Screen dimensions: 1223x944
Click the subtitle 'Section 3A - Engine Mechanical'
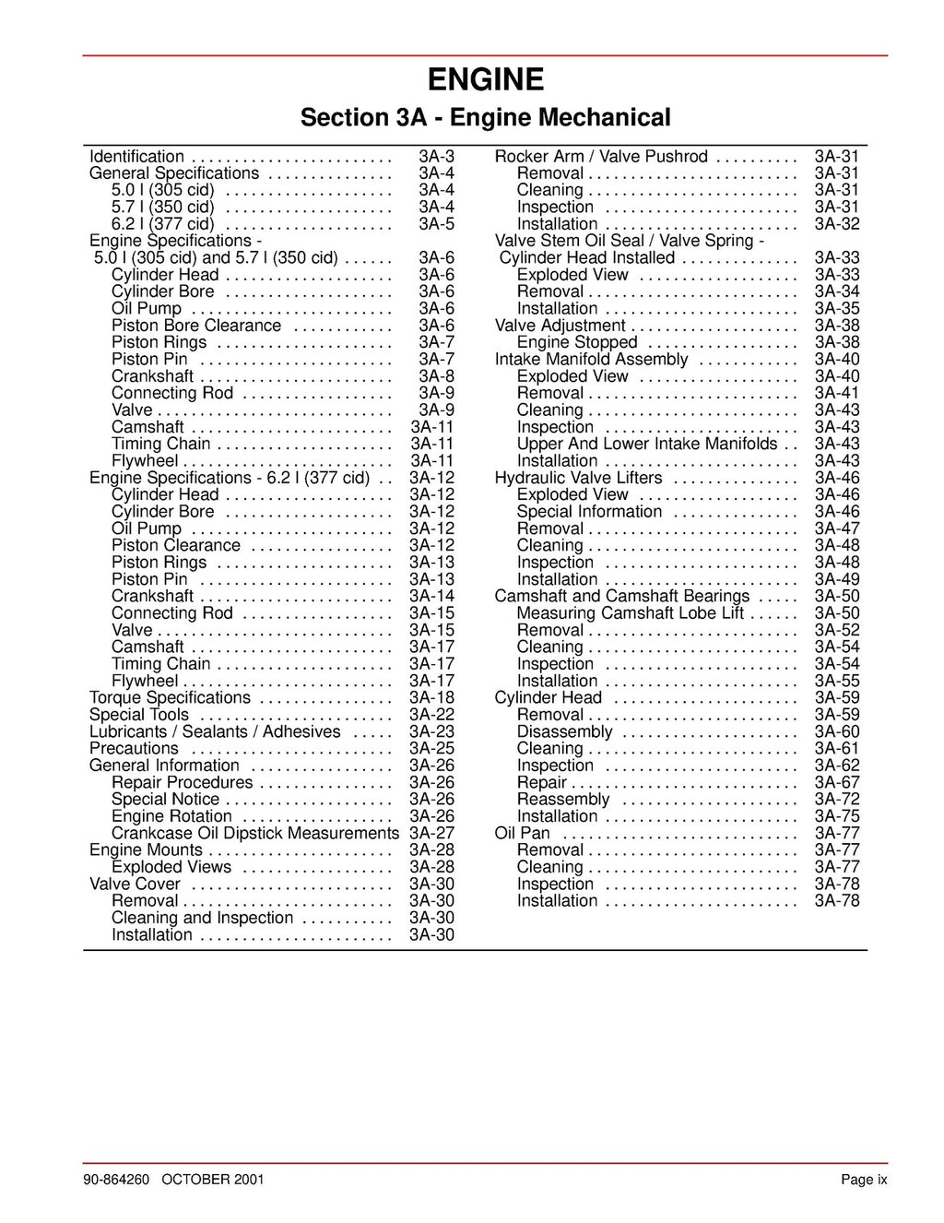click(x=485, y=118)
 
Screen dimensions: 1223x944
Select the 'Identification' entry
click(x=136, y=157)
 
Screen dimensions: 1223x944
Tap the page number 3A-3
click(x=436, y=157)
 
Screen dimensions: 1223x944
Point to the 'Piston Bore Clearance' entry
click(x=195, y=326)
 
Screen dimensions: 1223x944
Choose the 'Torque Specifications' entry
click(x=170, y=698)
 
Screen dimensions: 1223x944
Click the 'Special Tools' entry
click(x=139, y=715)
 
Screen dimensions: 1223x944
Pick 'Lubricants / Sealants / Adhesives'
click(x=215, y=731)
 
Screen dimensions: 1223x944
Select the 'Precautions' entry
click(x=134, y=749)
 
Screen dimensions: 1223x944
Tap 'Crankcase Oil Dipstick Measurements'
click(x=255, y=833)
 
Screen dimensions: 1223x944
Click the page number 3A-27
click(x=431, y=833)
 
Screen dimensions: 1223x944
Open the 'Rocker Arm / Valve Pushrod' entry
click(x=601, y=157)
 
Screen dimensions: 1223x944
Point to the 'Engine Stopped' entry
click(x=577, y=342)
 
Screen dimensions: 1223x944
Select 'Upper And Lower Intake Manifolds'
click(x=647, y=444)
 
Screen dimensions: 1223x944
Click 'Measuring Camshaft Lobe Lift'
click(x=631, y=613)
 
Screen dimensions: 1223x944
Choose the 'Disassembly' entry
click(x=564, y=731)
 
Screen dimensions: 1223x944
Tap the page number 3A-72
click(x=837, y=800)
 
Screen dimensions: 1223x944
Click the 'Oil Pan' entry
click(x=522, y=833)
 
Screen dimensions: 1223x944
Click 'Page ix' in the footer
click(x=863, y=1180)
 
